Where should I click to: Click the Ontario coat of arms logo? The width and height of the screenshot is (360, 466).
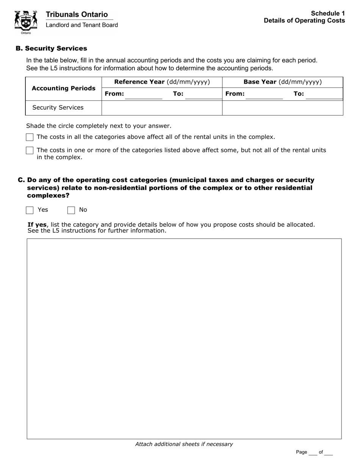tap(26, 22)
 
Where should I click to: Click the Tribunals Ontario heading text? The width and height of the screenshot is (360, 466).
tap(77, 14)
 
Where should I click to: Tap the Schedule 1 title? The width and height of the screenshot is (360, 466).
tap(328, 13)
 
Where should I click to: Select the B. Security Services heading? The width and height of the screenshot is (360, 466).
tap(51, 48)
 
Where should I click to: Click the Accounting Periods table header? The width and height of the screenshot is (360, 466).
tap(64, 88)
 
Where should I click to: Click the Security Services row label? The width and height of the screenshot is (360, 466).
tap(58, 108)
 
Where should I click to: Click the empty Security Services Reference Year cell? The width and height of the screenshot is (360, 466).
tap(162, 108)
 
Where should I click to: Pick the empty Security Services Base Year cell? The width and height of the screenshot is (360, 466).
tap(282, 108)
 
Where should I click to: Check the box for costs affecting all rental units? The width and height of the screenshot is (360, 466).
tap(30, 137)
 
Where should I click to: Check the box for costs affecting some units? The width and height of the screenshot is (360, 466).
tap(30, 150)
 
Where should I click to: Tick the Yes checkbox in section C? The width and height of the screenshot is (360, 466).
tap(30, 210)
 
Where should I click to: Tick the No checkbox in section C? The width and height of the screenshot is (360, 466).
tap(71, 210)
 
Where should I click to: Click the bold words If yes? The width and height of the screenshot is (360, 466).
tap(37, 225)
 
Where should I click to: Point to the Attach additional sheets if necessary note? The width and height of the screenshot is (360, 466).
tap(184, 444)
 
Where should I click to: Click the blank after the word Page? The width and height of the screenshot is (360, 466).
tap(313, 452)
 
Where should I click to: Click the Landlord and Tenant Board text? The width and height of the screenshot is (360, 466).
tap(82, 25)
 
